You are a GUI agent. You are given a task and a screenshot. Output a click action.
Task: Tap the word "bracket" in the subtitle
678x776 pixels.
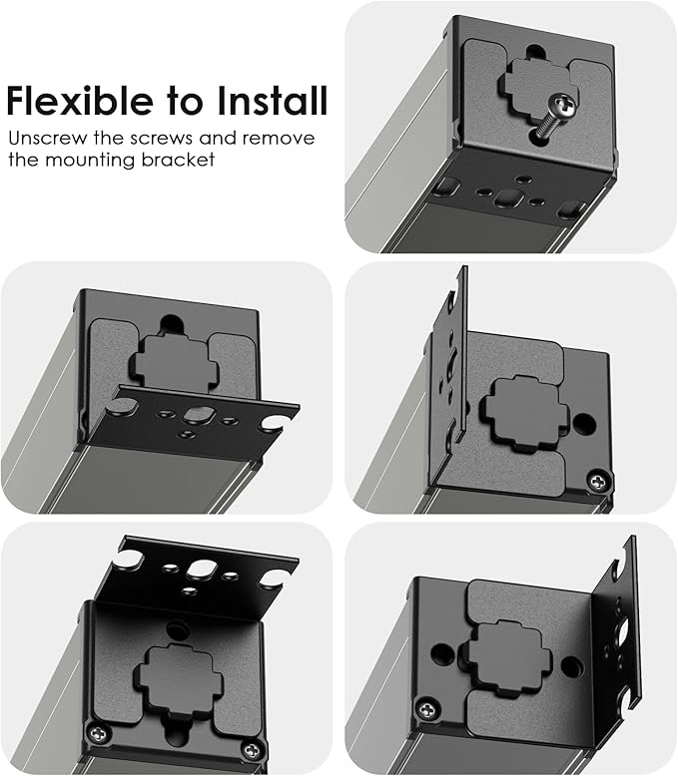tap(181, 161)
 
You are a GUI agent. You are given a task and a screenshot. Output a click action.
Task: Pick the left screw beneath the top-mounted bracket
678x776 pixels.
tap(97, 730)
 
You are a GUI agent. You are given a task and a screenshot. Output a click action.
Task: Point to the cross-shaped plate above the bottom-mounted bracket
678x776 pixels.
tap(175, 360)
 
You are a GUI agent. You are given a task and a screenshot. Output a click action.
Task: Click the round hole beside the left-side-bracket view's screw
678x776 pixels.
tap(585, 425)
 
